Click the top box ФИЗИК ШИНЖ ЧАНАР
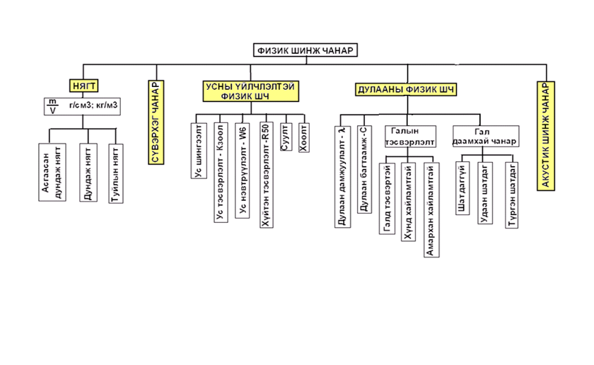(x=306, y=50)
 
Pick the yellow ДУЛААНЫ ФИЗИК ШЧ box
(x=404, y=89)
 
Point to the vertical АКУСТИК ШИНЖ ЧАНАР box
(x=546, y=135)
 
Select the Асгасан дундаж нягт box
(x=54, y=174)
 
